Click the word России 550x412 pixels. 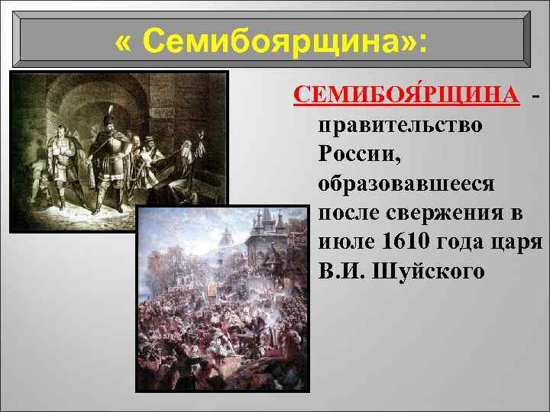[358, 154]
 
